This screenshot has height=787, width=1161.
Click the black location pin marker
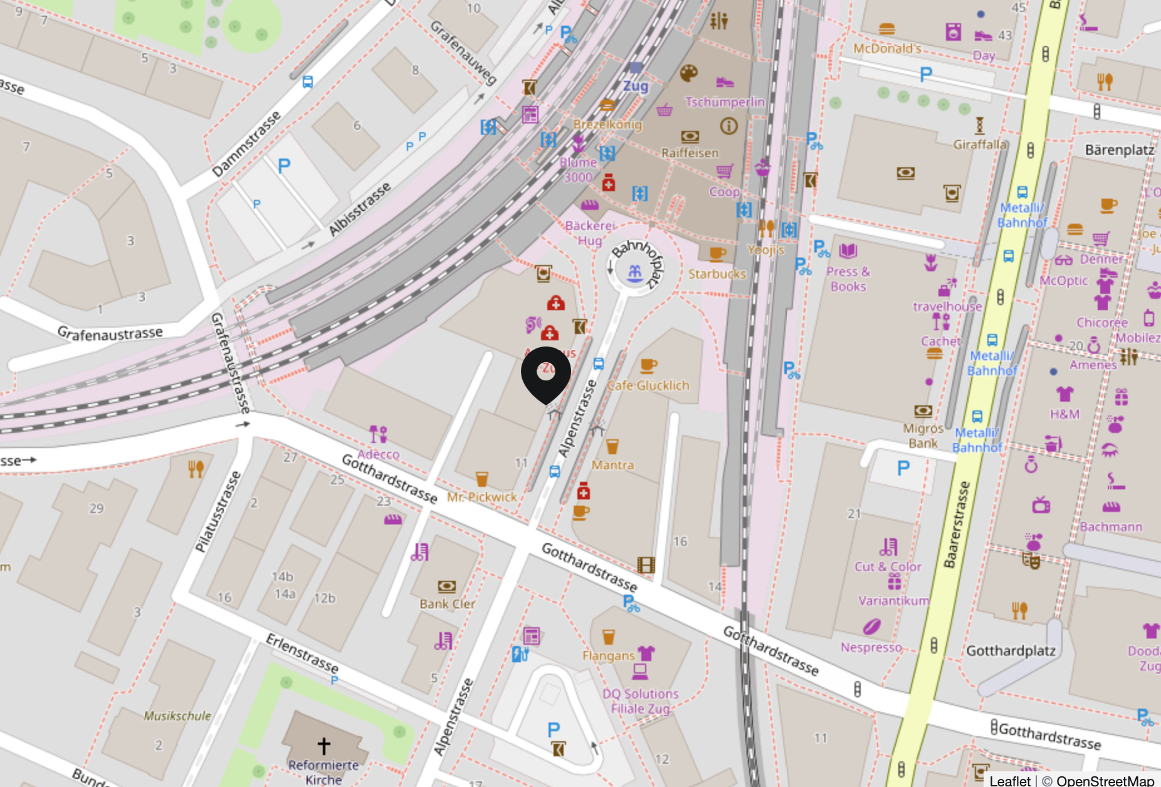click(x=546, y=373)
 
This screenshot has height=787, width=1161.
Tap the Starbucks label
click(x=717, y=274)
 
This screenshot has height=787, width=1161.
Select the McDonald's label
click(x=886, y=49)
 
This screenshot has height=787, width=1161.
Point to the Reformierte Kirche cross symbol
click(x=323, y=746)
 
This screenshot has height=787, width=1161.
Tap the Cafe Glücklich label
click(x=648, y=385)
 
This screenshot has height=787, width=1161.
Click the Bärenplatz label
click(x=1119, y=150)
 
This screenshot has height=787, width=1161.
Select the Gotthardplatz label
click(x=1011, y=650)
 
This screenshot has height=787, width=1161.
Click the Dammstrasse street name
click(x=246, y=145)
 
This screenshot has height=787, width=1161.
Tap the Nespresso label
click(x=871, y=647)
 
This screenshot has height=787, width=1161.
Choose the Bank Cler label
click(x=447, y=604)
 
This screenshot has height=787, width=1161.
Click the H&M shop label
click(x=1064, y=414)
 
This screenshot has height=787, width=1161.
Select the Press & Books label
click(x=848, y=279)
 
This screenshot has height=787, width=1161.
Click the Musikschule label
click(x=177, y=716)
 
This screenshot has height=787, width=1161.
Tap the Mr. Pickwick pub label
click(x=481, y=497)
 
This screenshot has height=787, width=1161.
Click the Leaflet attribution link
click(x=1009, y=780)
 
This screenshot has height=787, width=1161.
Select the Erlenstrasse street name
click(x=302, y=653)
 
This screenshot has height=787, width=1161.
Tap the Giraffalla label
click(x=979, y=144)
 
